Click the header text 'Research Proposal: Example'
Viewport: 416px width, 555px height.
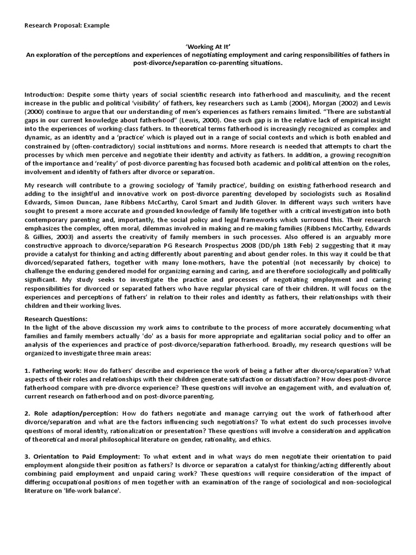tap(67, 25)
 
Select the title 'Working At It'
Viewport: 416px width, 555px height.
tap(208, 47)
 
